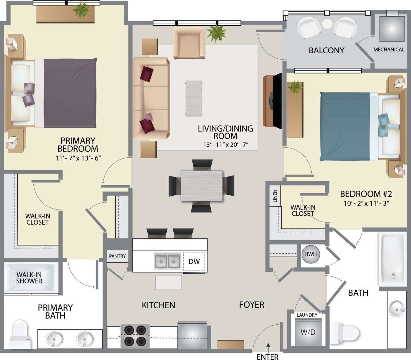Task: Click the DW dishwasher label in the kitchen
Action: (x=194, y=261)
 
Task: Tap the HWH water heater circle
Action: (x=310, y=254)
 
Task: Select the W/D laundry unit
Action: (x=308, y=332)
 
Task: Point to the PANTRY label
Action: (x=117, y=256)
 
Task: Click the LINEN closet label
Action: (x=275, y=196)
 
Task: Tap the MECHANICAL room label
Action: (x=389, y=49)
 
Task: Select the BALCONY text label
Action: (x=326, y=50)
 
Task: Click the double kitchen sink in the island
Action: (x=167, y=261)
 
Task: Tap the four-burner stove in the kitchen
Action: (x=135, y=336)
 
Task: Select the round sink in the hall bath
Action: (x=397, y=309)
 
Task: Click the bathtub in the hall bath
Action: (x=392, y=260)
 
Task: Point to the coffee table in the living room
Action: (x=194, y=98)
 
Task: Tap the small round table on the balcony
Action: (x=327, y=24)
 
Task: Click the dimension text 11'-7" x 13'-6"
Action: (x=78, y=158)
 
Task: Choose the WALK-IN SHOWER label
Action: (x=29, y=278)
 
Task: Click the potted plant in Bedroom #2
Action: (x=295, y=87)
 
